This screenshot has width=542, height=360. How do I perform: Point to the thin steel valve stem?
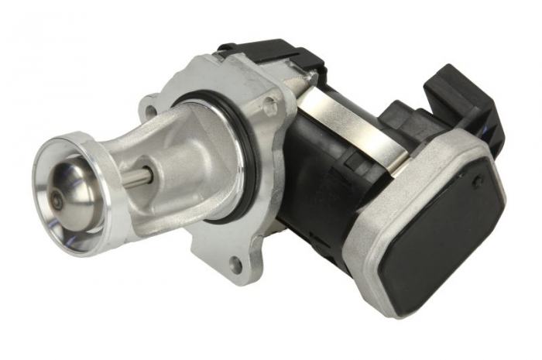pyautogui.click(x=136, y=177)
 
